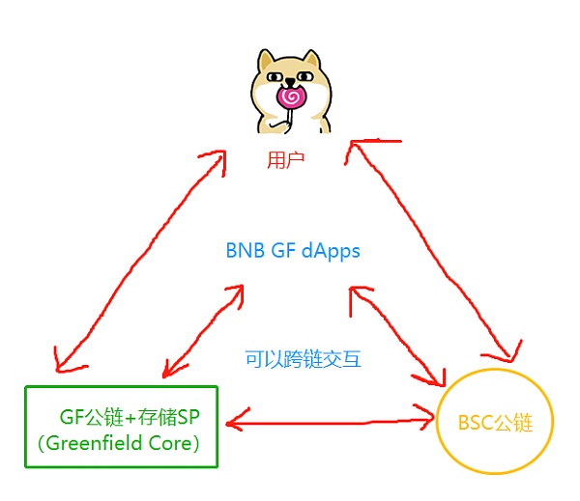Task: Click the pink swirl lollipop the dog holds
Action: (x=289, y=97)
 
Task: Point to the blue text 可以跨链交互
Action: (x=303, y=360)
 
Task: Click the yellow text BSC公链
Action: (x=494, y=422)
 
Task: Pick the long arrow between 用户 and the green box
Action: (x=135, y=261)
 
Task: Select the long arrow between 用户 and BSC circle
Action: (x=440, y=246)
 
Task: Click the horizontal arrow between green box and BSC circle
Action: (x=329, y=422)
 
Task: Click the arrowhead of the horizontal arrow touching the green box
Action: (x=232, y=422)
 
